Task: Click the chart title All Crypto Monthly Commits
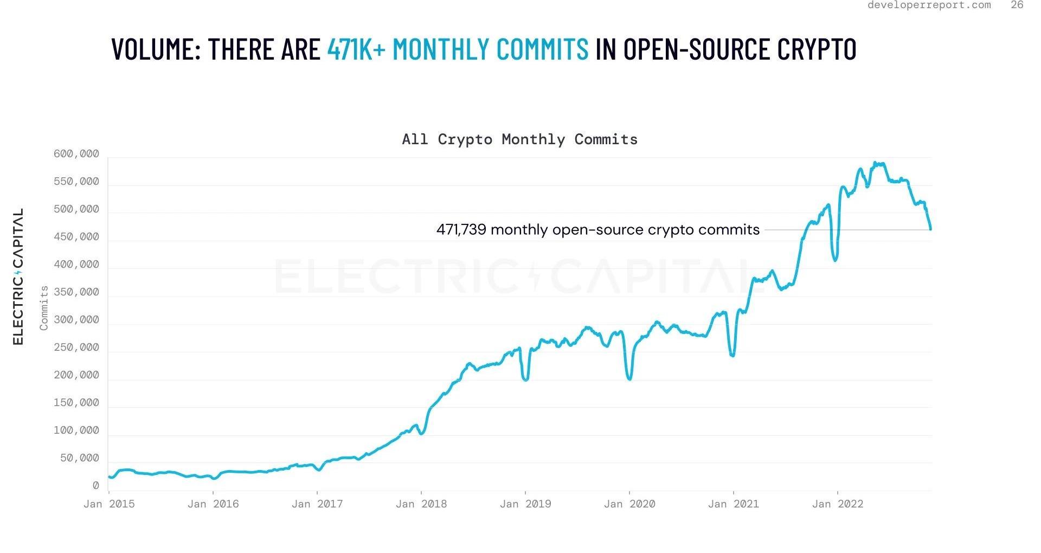pyautogui.click(x=519, y=139)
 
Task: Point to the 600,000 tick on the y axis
pyautogui.click(x=76, y=155)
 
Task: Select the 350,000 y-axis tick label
pyautogui.click(x=76, y=293)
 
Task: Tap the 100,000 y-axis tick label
pyautogui.click(x=76, y=431)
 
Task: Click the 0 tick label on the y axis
pyautogui.click(x=96, y=486)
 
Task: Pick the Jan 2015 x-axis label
pyautogui.click(x=109, y=504)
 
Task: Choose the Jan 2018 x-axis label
pyautogui.click(x=421, y=504)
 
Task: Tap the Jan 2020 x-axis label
pyautogui.click(x=629, y=504)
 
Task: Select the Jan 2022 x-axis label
pyautogui.click(x=838, y=504)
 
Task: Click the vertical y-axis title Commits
pyautogui.click(x=44, y=308)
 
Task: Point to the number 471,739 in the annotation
pyautogui.click(x=461, y=230)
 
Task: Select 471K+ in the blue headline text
pyautogui.click(x=356, y=49)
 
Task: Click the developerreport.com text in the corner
pyautogui.click(x=929, y=5)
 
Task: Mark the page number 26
pyautogui.click(x=1017, y=5)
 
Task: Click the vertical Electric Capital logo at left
pyautogui.click(x=18, y=276)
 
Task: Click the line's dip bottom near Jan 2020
pyautogui.click(x=629, y=379)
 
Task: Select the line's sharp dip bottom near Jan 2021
pyautogui.click(x=732, y=356)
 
